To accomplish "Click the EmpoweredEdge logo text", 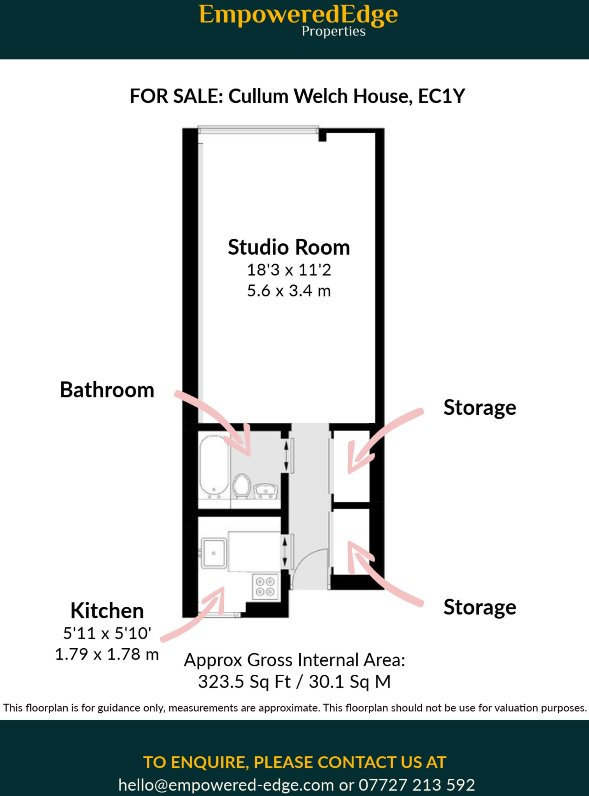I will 298,16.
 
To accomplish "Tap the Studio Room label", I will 289,247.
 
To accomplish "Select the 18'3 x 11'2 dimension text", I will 289,270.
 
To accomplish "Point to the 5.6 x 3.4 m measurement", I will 289,291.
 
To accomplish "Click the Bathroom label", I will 107,390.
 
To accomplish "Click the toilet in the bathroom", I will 242,485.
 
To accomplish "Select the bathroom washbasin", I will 266,491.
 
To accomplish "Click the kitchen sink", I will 213,553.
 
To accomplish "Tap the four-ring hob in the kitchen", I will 265,587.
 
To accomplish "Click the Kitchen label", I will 107,611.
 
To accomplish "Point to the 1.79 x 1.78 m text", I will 107,655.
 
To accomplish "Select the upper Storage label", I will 479,408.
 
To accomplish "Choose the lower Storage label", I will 479,607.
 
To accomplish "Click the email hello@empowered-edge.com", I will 226,785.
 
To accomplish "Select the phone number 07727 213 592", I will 416,785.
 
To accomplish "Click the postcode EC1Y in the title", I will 441,96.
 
